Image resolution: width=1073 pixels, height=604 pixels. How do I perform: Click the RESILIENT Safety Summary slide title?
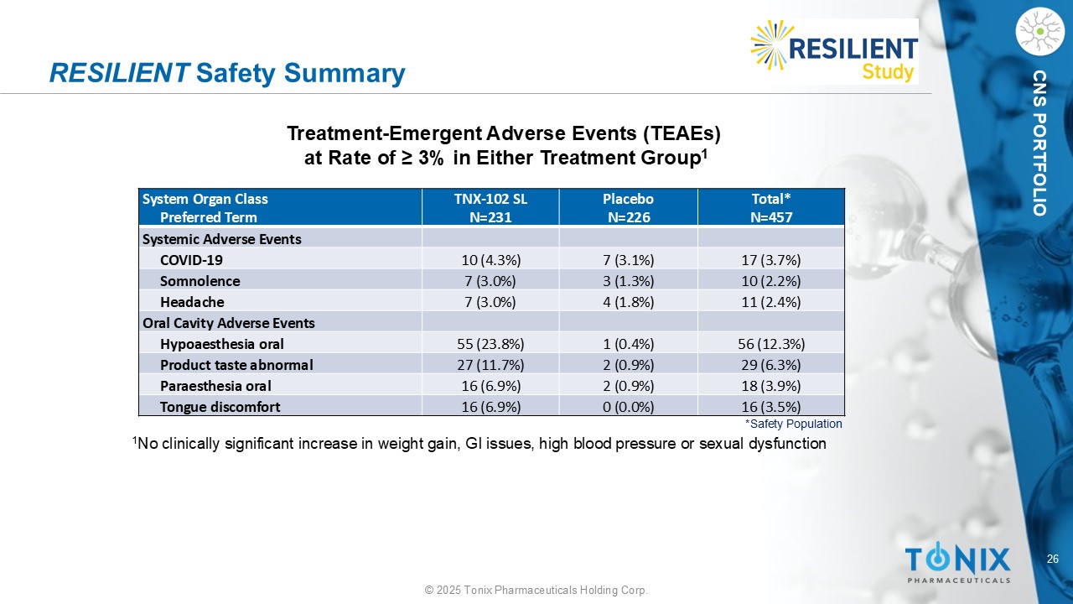coord(227,73)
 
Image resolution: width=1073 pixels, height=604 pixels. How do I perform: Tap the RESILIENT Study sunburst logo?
coord(834,51)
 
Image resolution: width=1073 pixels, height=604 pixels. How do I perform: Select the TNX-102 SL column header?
coord(490,207)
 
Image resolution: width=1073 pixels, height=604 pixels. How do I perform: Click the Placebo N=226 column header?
coord(629,207)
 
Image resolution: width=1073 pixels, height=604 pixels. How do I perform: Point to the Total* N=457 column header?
coord(771,207)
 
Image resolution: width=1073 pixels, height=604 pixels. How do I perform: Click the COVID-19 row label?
coord(191,260)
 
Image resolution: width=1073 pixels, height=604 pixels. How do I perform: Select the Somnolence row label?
coord(200,281)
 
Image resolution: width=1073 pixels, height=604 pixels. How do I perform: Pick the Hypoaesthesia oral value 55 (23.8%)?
coord(490,344)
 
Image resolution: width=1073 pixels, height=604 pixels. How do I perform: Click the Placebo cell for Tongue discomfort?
coord(629,407)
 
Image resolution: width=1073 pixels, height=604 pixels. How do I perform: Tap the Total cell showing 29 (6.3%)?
coord(771,365)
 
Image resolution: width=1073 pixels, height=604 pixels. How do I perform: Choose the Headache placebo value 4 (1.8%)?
coord(629,302)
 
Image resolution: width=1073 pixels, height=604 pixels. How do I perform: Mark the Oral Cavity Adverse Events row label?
coord(229,323)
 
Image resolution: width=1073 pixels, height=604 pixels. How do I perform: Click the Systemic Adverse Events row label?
coord(222,239)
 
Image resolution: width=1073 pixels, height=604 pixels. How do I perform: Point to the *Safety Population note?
coord(793,424)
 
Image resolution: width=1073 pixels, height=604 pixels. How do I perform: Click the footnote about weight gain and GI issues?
coord(479,444)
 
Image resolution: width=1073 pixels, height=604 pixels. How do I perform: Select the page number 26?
coord(1053,559)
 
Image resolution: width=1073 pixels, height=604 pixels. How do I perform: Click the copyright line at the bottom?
coord(536,590)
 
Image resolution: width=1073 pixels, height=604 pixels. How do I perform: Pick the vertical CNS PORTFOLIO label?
coord(1039,143)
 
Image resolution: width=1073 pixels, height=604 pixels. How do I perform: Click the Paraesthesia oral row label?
coord(215,386)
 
